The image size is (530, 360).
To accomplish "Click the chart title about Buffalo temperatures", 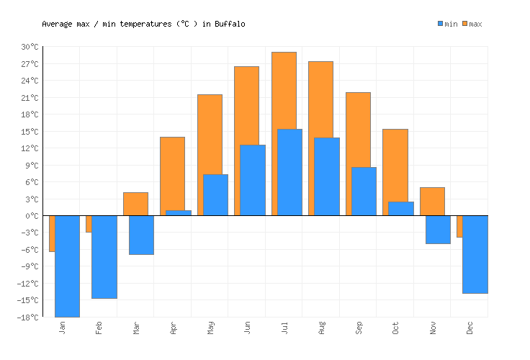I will coord(143,24).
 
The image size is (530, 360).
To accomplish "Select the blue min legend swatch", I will coord(441,24).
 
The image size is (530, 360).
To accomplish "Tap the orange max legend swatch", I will coord(465,24).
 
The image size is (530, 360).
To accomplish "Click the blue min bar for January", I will coord(67,266).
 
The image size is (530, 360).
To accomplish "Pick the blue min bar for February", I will coord(104,256).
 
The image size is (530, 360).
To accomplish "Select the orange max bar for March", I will coord(135,204).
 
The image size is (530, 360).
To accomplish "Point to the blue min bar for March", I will coord(141,235).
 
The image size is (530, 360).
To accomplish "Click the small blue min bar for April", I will coord(178,212).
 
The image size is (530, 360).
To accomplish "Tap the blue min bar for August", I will coord(326,176).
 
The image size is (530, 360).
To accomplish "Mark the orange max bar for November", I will coord(432,201).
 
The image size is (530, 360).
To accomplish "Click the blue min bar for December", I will coord(475,254).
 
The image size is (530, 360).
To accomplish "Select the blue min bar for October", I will coord(400,208).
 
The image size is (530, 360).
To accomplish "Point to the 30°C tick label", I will coord(30,47).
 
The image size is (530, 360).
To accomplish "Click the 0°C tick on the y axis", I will coord(32,215).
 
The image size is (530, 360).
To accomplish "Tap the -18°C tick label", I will coord(28,317).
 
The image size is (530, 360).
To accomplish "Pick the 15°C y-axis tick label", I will coord(30,131).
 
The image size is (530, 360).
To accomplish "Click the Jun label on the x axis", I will coord(247,328).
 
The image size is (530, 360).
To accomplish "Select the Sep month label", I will coord(359,328).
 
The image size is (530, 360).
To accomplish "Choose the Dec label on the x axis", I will coord(470,328).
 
